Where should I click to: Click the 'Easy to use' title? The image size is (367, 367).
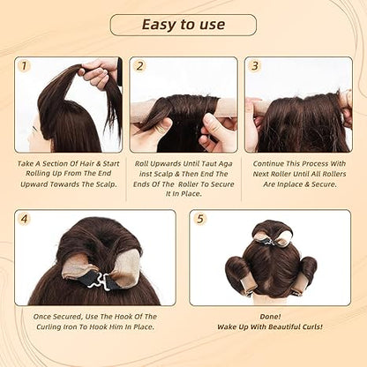click(183, 24)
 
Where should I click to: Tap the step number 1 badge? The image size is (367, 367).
click(24, 66)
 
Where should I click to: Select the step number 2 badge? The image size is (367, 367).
click(139, 66)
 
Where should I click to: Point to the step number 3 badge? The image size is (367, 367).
click(255, 66)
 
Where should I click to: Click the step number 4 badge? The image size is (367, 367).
click(25, 219)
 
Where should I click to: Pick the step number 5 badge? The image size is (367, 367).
click(200, 219)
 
